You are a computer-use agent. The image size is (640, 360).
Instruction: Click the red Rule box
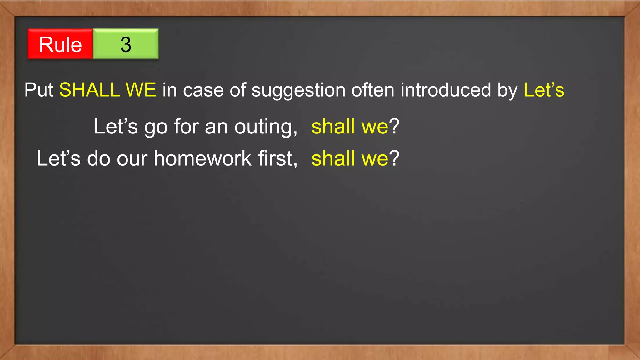(60, 44)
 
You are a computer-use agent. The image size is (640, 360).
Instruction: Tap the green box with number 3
(126, 44)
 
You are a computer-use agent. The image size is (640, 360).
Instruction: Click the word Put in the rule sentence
(39, 90)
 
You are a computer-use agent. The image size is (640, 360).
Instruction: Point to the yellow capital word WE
(141, 90)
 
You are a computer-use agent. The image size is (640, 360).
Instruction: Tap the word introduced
(446, 90)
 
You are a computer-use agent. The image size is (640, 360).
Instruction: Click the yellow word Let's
(544, 90)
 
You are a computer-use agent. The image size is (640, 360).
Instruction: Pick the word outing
(265, 127)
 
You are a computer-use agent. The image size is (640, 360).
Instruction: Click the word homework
(202, 158)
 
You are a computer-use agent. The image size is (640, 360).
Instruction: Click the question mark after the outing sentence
(394, 127)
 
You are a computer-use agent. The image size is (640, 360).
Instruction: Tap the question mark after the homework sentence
(394, 158)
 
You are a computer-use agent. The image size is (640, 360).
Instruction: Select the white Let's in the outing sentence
(116, 127)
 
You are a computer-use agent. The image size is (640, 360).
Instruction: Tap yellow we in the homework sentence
(375, 159)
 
